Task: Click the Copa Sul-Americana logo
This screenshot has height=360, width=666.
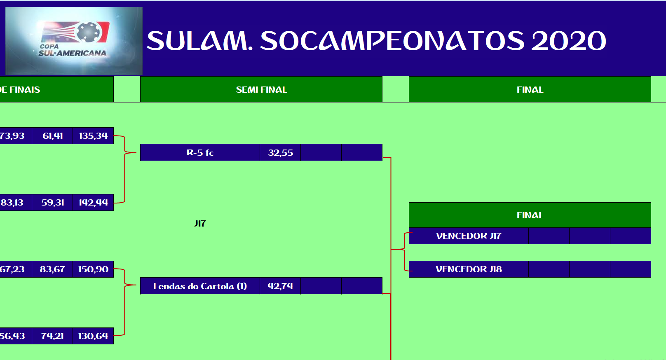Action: pos(74,41)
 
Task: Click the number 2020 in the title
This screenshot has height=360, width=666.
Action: pos(568,41)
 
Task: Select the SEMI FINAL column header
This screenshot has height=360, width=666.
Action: pos(261,89)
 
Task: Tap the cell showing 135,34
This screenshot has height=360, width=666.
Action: pos(93,136)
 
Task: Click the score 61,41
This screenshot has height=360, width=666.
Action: pos(52,136)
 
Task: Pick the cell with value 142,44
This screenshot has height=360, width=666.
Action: pos(93,202)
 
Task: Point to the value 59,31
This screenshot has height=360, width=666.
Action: pos(52,202)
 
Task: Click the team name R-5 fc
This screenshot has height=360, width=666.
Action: pos(200,152)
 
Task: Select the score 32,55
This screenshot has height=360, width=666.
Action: pos(280,152)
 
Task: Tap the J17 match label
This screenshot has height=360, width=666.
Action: pos(200,223)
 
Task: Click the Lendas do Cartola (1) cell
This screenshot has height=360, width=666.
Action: pos(200,286)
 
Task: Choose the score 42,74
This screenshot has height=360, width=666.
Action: pos(280,286)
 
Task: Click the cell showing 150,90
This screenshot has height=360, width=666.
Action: pos(93,269)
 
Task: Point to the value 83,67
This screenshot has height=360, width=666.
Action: pos(52,269)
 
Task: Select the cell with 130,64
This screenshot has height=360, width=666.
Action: pos(93,336)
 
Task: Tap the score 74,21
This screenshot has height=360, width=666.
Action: pos(52,336)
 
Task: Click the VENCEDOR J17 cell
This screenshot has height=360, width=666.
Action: pos(469,236)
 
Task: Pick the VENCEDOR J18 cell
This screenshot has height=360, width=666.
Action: pos(469,269)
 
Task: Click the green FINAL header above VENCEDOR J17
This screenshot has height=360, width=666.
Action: pos(530,215)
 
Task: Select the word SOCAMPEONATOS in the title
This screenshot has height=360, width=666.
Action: pos(392,41)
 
